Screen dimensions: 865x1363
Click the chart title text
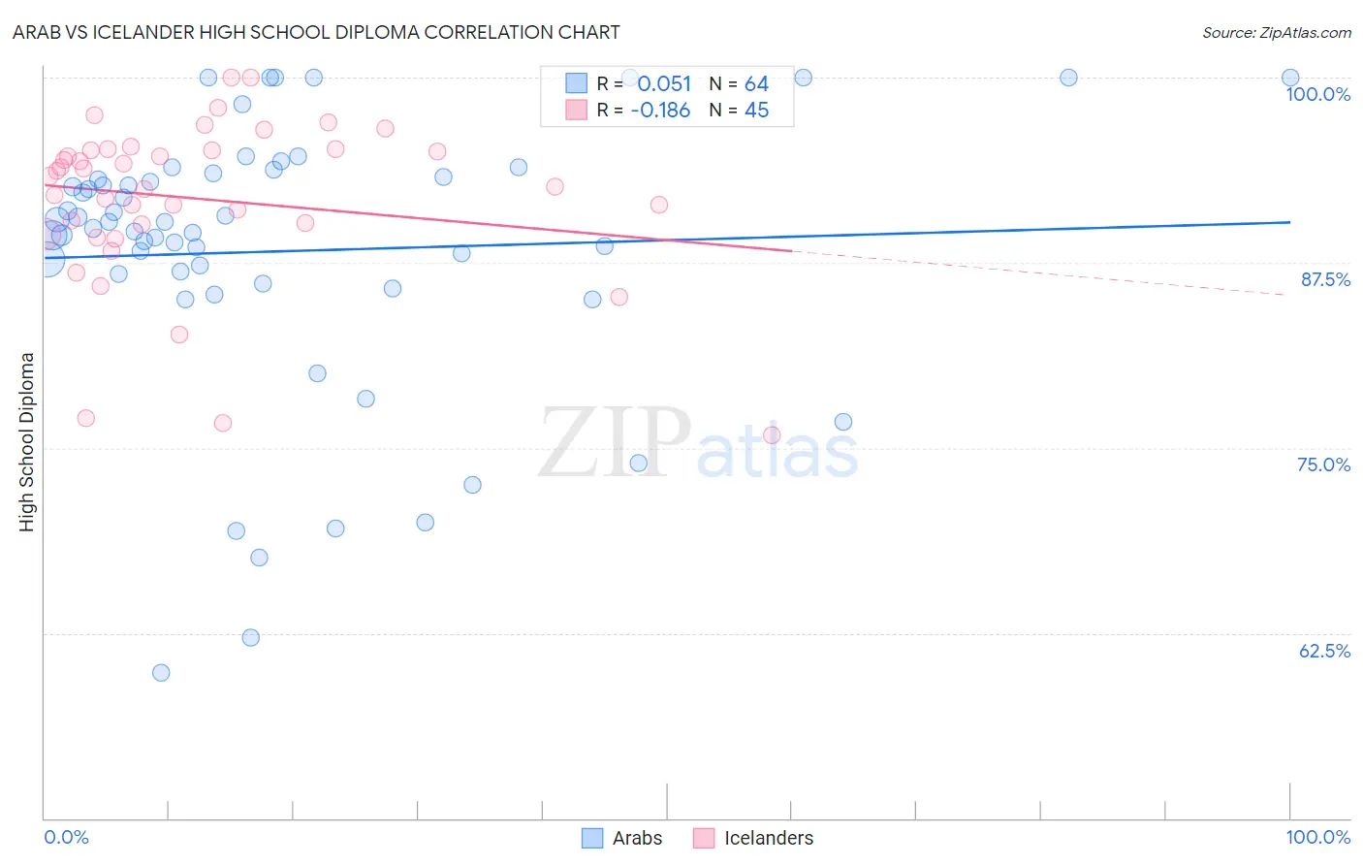click(x=316, y=32)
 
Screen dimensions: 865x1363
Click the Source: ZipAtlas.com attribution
click(x=1276, y=32)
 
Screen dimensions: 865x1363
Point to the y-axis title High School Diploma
click(x=27, y=441)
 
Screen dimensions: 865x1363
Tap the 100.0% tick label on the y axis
click(x=1317, y=94)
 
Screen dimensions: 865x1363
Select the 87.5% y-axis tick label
click(x=1324, y=279)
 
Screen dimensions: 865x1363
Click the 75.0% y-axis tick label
click(x=1323, y=465)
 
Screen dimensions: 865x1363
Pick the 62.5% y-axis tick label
click(x=1324, y=651)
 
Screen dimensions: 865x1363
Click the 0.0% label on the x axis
click(x=66, y=837)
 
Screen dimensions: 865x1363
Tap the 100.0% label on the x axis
click(x=1317, y=837)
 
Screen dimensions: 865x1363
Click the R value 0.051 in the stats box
click(x=664, y=84)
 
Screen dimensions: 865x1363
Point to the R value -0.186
click(x=660, y=111)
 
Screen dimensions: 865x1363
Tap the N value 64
click(x=756, y=84)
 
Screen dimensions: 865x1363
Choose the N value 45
click(x=756, y=111)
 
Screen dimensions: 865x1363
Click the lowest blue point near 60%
click(x=161, y=673)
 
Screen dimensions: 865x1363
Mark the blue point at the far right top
click(x=1290, y=78)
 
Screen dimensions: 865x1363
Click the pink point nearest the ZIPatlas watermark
click(x=772, y=435)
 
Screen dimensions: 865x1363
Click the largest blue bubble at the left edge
click(x=47, y=260)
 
